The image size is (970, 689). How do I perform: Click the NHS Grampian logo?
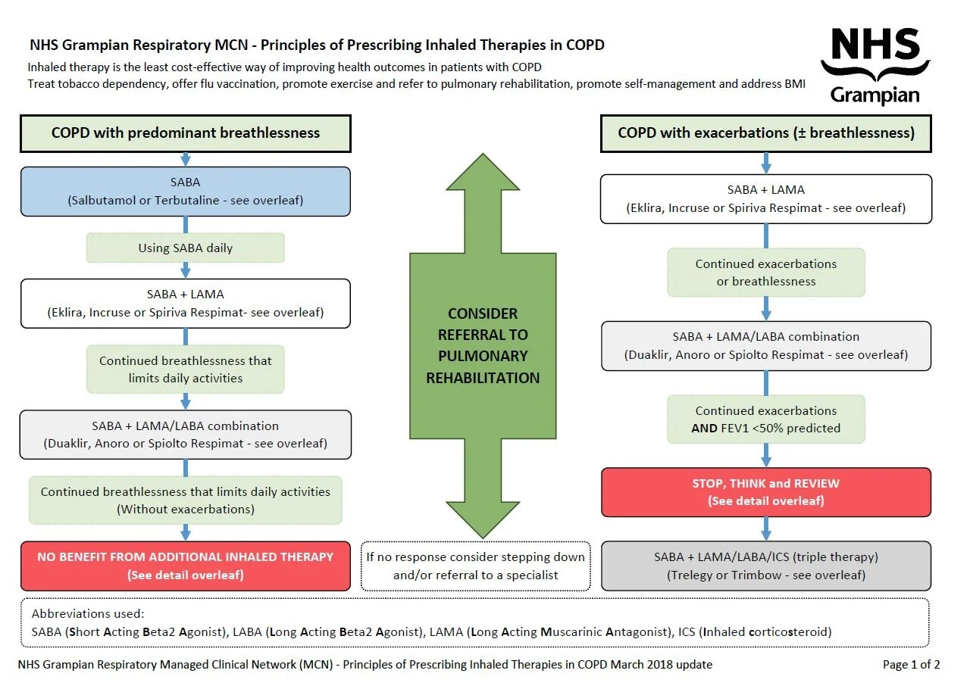(x=875, y=65)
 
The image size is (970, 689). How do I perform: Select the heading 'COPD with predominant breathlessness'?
(x=186, y=133)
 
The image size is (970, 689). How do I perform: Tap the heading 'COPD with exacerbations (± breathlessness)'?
(x=765, y=133)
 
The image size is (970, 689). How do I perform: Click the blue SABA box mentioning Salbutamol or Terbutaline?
(x=186, y=192)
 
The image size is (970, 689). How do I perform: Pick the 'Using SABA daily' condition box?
(x=186, y=248)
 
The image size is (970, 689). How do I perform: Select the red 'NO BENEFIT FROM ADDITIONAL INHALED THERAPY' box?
(x=186, y=566)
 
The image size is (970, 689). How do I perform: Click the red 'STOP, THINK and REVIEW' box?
(x=765, y=492)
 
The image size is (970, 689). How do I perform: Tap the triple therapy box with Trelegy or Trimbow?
(x=765, y=566)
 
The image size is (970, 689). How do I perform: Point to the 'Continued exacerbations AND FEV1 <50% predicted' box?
(x=765, y=419)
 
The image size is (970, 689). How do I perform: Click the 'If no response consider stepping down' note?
(x=476, y=566)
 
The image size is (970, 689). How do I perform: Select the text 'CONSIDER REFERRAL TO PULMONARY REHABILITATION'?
(x=483, y=345)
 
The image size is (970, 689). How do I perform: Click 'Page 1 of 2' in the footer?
(x=911, y=665)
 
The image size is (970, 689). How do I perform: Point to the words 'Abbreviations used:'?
(x=78, y=613)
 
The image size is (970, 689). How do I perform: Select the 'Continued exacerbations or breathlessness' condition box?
(x=765, y=273)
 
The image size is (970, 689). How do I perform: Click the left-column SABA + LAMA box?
(x=186, y=303)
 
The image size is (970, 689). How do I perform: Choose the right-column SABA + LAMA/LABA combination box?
(x=765, y=345)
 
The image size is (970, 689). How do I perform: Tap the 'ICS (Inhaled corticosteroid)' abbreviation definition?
(x=765, y=631)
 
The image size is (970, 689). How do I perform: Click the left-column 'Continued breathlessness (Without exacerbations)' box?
(x=186, y=500)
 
